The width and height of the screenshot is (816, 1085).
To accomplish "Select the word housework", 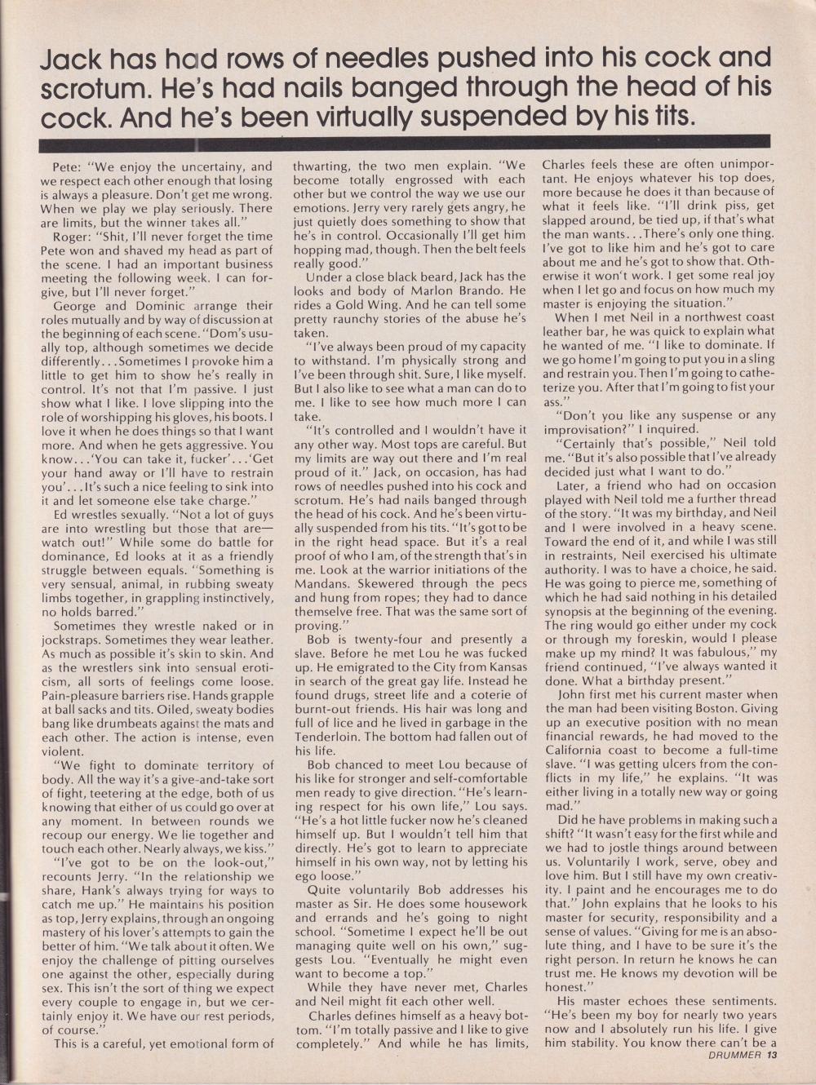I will coord(486,903).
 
